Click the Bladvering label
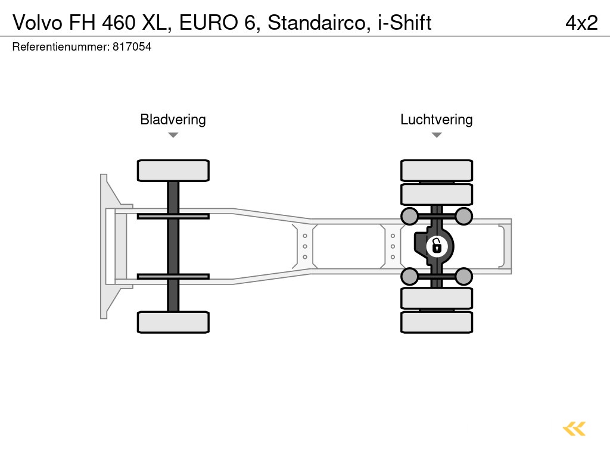173,120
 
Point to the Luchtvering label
436,120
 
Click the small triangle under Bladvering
173,135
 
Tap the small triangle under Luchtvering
436,135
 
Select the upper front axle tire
173,170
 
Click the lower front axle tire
173,322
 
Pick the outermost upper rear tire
436,170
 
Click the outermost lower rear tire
436,322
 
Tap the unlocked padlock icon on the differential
437,245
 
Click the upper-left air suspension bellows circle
409,215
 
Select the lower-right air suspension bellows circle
463,276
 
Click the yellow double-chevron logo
574,429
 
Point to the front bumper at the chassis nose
106,246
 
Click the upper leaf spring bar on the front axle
173,216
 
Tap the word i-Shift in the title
404,23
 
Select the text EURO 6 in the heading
219,23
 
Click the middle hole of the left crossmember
304,246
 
